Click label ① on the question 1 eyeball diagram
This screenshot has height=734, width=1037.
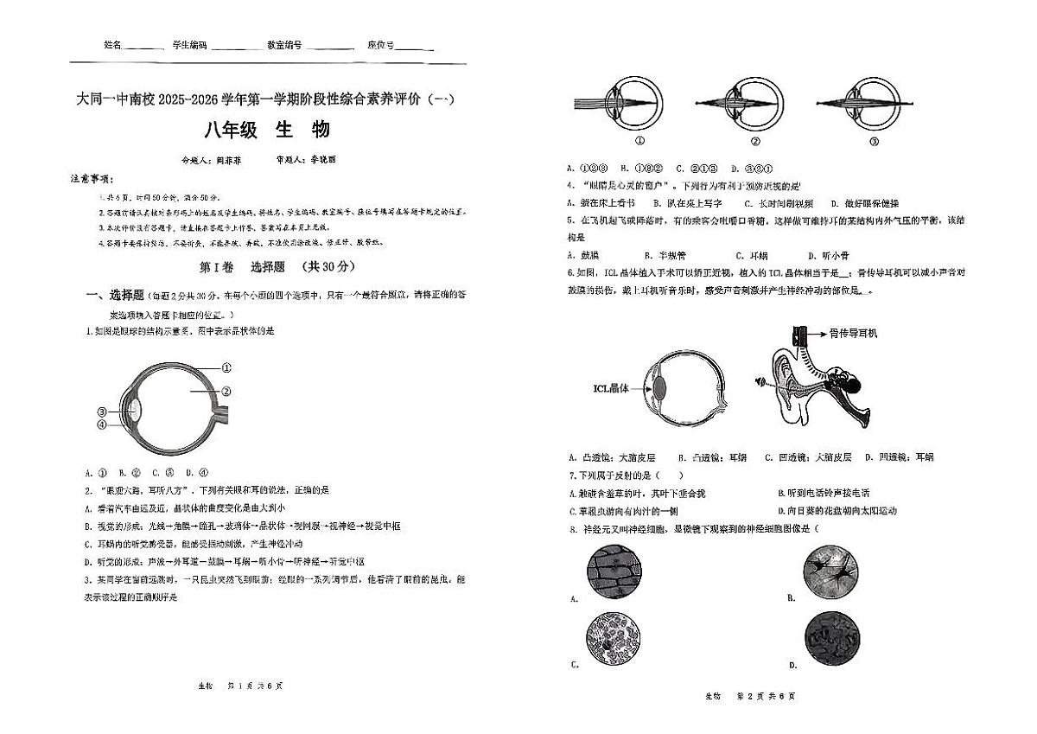(226, 367)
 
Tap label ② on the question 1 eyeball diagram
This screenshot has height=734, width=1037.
(226, 391)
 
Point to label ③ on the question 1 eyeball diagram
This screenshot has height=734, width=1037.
(102, 412)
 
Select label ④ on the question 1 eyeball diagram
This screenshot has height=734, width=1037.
(102, 424)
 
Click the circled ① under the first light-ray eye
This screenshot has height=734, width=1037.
(640, 142)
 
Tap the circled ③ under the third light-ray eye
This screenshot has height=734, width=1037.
(874, 142)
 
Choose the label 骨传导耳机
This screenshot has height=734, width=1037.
(852, 333)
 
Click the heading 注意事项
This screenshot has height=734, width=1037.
(92, 178)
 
